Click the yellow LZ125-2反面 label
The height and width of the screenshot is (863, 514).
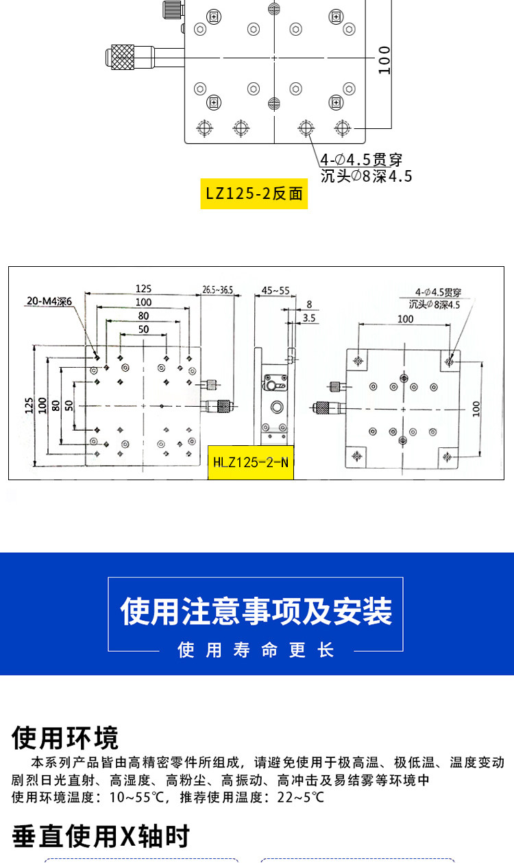pos(254,193)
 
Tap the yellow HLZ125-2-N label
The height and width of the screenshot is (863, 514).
pos(251,462)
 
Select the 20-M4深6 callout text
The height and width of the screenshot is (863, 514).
pos(49,301)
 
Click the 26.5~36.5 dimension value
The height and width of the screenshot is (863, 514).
pos(217,289)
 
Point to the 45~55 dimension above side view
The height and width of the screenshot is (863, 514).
pos(276,290)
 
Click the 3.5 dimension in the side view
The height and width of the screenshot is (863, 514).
pos(309,318)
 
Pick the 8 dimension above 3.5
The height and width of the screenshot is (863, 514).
pos(309,305)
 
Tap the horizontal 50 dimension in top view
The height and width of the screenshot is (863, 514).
pos(144,329)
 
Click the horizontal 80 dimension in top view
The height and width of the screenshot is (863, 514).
pos(144,316)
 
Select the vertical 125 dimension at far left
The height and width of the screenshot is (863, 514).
pos(29,405)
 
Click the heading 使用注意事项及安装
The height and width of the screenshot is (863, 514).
pos(256,611)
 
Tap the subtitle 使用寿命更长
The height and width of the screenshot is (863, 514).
pos(256,650)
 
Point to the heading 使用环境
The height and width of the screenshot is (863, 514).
pos(65,737)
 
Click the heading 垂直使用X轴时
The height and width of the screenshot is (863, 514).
pos(101,836)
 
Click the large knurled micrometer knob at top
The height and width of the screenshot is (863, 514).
pos(123,58)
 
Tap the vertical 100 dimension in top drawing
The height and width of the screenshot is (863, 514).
pos(384,60)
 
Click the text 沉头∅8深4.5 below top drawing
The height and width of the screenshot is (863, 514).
pos(366,176)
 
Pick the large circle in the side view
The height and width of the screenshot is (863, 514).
pos(277,407)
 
